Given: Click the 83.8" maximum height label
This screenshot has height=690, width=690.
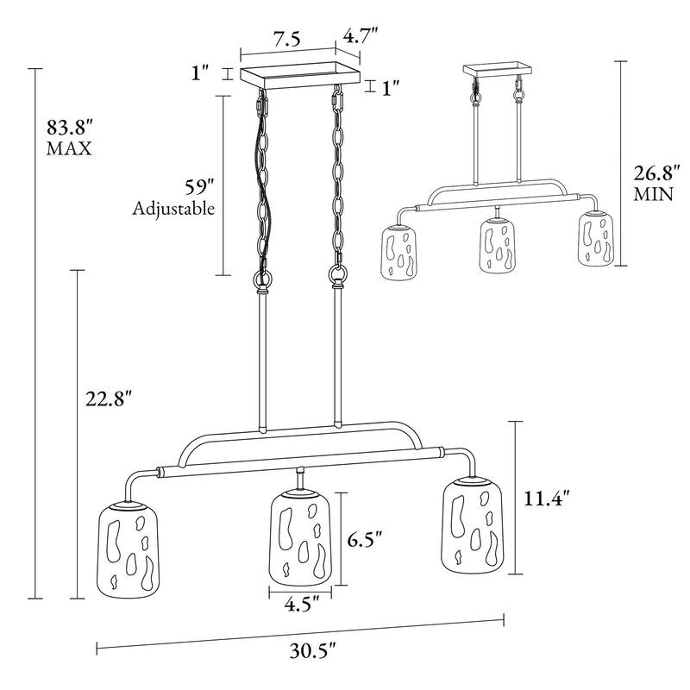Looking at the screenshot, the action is pos(70,128).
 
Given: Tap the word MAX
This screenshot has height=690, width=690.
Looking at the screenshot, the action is pos(69,148).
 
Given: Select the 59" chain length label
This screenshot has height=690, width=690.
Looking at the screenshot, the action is pos(199,188).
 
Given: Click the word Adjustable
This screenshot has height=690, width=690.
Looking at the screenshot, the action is pos(173,208).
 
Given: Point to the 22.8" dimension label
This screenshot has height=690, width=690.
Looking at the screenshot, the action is pos(109,398).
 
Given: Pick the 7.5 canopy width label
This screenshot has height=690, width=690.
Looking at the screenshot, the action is pos(287,39).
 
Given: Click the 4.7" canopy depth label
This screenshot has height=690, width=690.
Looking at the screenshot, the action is pos(361,35).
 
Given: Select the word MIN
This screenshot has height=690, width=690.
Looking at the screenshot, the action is pos(653,194).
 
